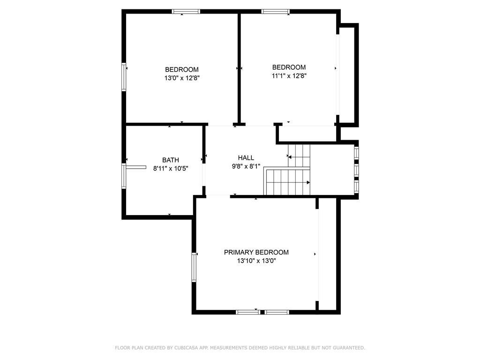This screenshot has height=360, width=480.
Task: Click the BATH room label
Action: [171, 160]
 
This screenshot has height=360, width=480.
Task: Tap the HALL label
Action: [246, 158]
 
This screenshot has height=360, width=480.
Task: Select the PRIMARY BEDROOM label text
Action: [256, 252]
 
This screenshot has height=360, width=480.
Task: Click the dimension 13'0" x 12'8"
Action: [182, 79]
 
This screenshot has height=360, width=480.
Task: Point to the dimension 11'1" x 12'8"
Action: [289, 75]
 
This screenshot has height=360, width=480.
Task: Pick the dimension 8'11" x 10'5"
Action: [171, 168]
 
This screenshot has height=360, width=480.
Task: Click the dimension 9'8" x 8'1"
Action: [246, 166]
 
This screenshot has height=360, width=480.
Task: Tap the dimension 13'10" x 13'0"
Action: [256, 261]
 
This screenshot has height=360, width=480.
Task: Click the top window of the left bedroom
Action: [186, 11]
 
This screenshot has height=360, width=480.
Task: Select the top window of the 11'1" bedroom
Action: [276, 11]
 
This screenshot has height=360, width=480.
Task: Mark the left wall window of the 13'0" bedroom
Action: [125, 76]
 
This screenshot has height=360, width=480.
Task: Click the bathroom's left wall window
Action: [124, 175]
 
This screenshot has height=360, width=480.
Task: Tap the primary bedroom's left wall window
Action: [194, 267]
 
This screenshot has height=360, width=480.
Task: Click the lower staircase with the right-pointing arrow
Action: [288, 182]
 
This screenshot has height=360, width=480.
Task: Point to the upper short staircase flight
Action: [299, 155]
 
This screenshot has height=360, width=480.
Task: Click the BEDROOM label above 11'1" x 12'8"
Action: [289, 67]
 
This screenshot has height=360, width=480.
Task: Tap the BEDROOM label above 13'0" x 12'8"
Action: [182, 70]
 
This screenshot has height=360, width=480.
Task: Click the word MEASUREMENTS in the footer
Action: [228, 348]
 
